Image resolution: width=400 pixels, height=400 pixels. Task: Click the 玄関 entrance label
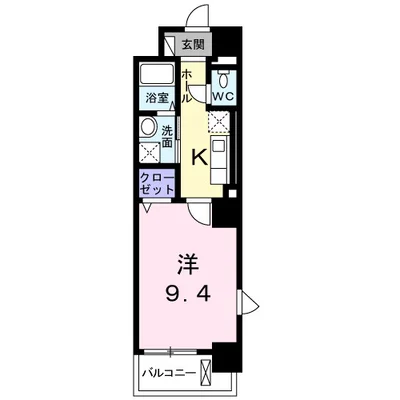(x=193, y=45)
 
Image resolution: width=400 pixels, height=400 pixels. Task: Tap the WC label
(x=223, y=96)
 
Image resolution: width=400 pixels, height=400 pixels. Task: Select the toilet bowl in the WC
(x=224, y=79)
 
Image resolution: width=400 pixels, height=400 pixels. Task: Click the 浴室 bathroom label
(x=156, y=98)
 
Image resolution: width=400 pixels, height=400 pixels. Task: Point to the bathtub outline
(x=157, y=74)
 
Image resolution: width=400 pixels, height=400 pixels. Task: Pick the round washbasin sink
(x=148, y=126)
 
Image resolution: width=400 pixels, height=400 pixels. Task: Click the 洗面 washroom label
(x=167, y=136)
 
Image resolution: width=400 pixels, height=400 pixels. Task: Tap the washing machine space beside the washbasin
(x=149, y=152)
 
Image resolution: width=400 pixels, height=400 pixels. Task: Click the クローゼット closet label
(x=157, y=183)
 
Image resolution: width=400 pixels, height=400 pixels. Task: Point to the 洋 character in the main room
(x=188, y=263)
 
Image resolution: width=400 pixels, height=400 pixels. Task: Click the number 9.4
(x=188, y=294)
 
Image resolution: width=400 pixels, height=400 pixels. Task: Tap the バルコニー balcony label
(x=169, y=372)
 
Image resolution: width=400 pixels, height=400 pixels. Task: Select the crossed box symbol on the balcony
(x=206, y=372)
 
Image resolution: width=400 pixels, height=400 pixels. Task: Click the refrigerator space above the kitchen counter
(x=218, y=123)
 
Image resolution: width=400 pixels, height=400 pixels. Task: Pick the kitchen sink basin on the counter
(x=219, y=146)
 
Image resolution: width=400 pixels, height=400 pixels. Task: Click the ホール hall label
(x=186, y=86)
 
